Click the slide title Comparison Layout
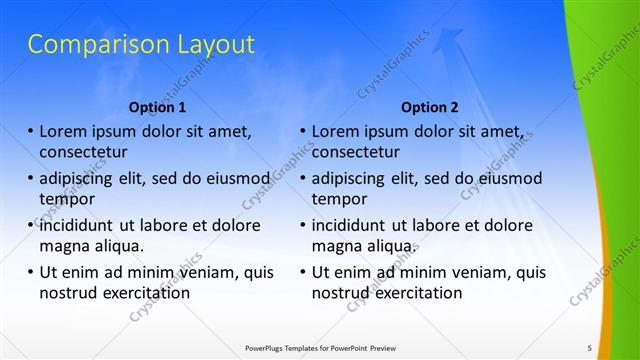(140, 44)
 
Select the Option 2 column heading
(430, 107)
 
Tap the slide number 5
(589, 348)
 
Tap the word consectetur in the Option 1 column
(83, 152)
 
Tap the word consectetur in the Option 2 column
(356, 152)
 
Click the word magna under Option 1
(62, 246)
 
